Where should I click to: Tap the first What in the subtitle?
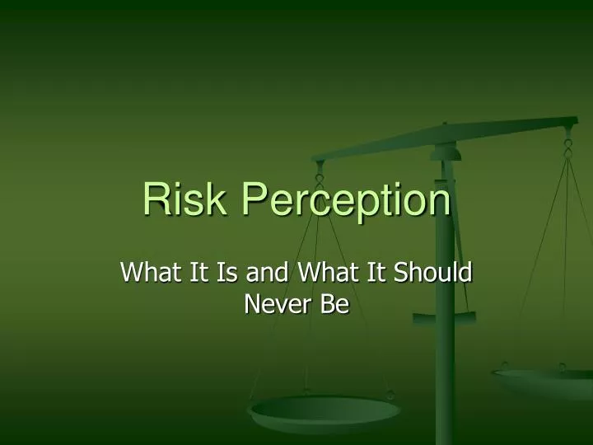coord(148,272)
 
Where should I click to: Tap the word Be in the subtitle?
coord(337,305)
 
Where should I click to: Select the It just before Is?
coord(194,272)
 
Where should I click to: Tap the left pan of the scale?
coord(325,412)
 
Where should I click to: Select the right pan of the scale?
coord(548,381)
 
